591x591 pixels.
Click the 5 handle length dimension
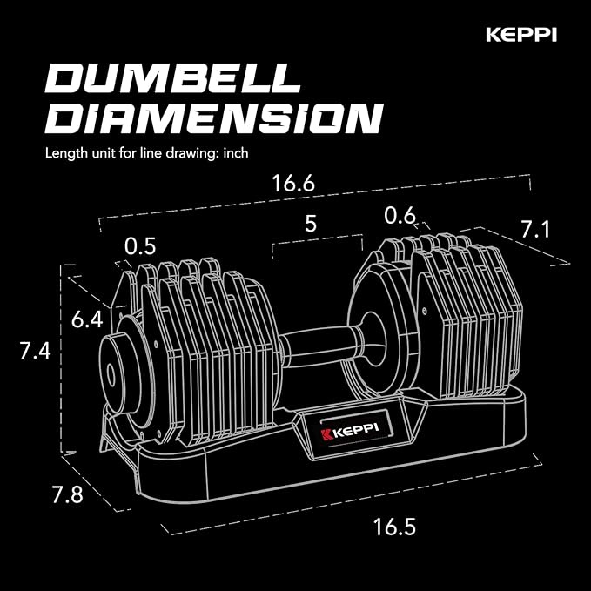310,223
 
